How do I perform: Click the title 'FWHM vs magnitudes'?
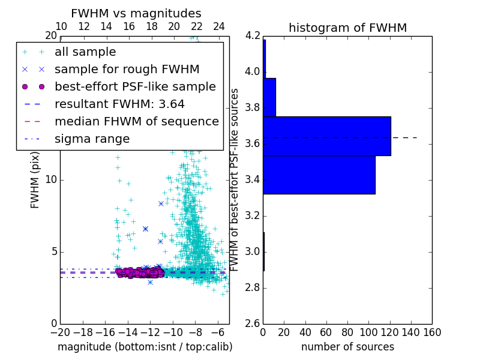136,13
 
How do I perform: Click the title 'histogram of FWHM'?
347,28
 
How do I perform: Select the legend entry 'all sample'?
85,52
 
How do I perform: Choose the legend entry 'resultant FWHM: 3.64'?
119,104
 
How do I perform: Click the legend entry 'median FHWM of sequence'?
136,121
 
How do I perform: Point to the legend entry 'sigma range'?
92,139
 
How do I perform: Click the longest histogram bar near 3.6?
327,136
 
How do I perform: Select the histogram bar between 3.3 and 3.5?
319,175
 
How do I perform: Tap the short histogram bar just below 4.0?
269,97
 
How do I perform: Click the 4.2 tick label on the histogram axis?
253,36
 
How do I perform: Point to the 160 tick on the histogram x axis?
431,332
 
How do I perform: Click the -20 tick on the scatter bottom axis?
60,332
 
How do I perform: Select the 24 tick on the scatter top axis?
219,26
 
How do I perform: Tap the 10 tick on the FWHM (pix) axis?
51,179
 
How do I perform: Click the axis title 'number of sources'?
347,347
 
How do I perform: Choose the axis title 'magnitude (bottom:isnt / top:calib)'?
145,347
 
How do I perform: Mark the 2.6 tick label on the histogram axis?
253,323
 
